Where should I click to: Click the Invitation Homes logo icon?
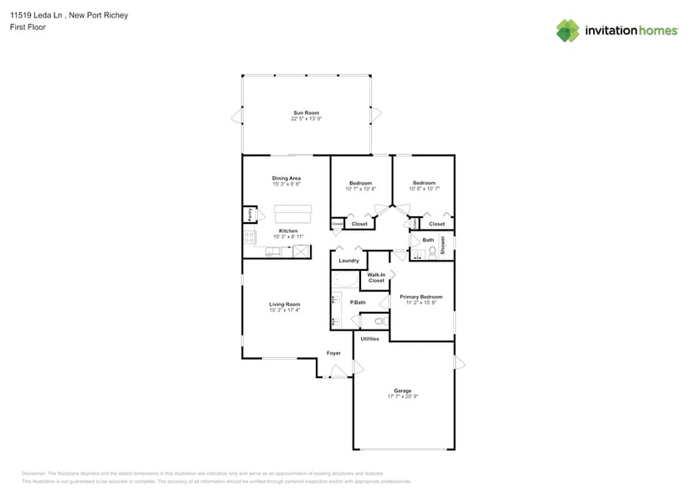[x=568, y=30]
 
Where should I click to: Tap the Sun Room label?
[x=306, y=112]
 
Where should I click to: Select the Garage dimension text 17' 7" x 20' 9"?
[x=403, y=396]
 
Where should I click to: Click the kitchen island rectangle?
[x=287, y=213]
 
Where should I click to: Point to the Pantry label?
[x=249, y=215]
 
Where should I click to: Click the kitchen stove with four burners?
[x=249, y=237]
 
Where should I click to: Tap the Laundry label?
[x=348, y=261]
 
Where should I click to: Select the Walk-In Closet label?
[x=377, y=278]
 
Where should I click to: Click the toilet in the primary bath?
[x=378, y=320]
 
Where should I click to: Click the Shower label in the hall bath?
[x=443, y=245]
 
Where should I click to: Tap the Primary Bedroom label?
[x=421, y=297]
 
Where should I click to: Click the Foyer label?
[x=333, y=353]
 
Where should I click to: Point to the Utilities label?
[x=369, y=339]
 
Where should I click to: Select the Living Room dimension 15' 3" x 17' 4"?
[x=285, y=310]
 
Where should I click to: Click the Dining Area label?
[x=286, y=178]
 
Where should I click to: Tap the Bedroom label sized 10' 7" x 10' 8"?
[x=360, y=183]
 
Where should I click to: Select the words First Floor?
[x=28, y=28]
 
